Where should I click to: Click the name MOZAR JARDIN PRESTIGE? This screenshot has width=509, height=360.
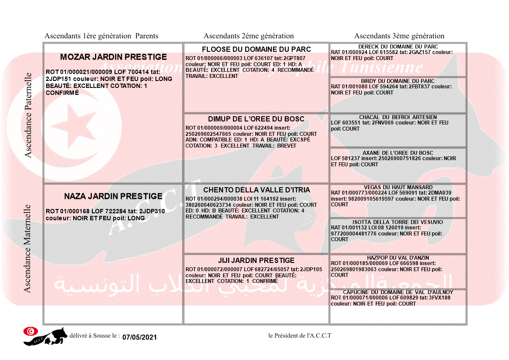113,57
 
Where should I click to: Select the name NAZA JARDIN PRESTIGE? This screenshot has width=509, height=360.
113,196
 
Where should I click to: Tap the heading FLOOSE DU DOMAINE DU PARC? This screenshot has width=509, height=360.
256,49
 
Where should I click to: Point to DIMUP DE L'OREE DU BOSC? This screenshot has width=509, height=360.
256,119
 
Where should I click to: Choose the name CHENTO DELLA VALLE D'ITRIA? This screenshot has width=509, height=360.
256,190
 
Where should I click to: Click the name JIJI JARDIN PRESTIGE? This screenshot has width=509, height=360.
256,260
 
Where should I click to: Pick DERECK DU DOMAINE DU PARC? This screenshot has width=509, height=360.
398,47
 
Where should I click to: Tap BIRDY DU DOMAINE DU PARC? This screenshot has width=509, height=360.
398,81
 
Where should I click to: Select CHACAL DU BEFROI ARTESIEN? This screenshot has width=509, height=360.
398,117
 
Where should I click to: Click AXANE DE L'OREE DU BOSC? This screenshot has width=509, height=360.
398,153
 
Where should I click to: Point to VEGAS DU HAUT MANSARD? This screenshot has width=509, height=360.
398,187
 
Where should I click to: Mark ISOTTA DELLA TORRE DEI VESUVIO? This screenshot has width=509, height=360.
398,222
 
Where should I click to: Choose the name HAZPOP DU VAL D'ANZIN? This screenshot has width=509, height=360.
398,258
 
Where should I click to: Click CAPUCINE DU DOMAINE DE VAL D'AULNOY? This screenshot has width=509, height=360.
398,292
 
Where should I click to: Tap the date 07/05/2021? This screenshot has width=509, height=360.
139,337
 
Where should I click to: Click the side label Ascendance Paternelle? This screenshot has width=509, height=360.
28,115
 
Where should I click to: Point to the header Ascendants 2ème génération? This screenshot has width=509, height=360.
249,36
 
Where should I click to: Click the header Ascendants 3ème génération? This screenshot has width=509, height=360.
399,36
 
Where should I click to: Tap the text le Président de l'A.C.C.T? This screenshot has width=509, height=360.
300,336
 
